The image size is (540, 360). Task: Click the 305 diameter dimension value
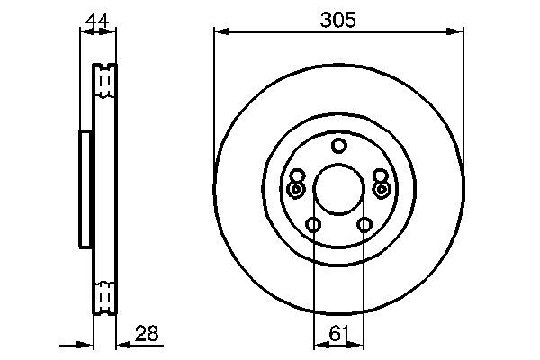click(x=338, y=18)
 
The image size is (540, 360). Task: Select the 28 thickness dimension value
click(x=147, y=334)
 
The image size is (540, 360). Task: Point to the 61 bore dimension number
click(x=338, y=334)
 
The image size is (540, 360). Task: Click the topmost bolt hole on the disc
click(x=338, y=147)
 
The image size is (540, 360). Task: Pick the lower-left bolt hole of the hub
click(x=313, y=225)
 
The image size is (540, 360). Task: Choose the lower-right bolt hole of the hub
click(x=364, y=225)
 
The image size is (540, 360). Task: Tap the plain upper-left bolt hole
click(x=298, y=176)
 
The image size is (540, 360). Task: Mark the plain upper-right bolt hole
click(x=380, y=176)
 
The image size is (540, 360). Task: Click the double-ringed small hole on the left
click(x=296, y=190)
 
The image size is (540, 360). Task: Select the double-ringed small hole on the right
click(x=382, y=190)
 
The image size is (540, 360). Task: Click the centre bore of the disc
click(x=338, y=191)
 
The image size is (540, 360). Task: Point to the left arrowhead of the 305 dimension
click(x=219, y=32)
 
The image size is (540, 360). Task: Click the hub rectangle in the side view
click(x=86, y=189)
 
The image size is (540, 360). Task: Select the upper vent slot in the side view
click(x=105, y=82)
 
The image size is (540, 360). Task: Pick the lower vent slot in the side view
click(x=105, y=294)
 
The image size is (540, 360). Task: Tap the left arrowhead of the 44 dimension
click(x=85, y=32)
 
